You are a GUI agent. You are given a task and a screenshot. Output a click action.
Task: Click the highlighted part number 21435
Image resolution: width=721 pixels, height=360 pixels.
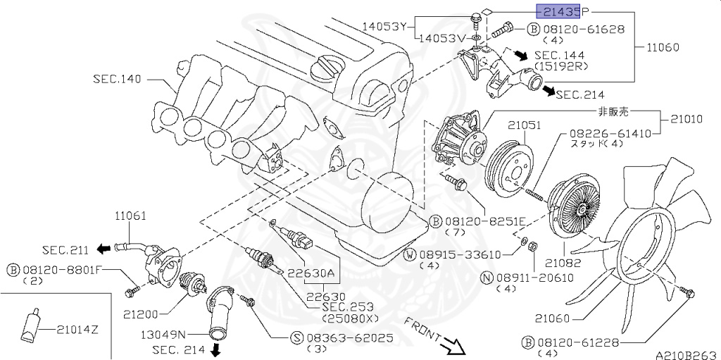tap(558, 11)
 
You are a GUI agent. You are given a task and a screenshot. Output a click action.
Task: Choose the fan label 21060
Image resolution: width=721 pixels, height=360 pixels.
tap(552, 318)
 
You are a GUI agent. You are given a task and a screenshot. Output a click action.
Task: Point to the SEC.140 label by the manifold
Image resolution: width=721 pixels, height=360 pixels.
tap(117, 79)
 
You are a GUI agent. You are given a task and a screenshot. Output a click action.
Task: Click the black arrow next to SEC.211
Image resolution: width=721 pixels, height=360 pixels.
tap(104, 248)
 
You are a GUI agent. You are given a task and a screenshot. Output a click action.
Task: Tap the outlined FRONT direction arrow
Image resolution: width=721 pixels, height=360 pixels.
tap(453, 345)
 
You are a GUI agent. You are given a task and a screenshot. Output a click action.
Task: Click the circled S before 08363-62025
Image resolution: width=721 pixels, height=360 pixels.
tap(297, 337)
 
